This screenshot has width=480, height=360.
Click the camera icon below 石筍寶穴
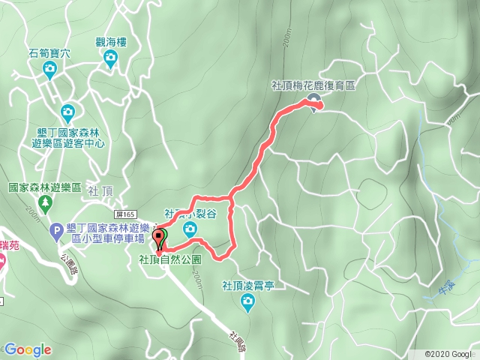tap(49, 70)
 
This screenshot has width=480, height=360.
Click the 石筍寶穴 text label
tap(49, 53)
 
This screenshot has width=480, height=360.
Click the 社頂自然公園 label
tap(170, 259)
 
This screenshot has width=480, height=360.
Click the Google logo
tap(28, 349)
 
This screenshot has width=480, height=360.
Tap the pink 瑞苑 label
tap(9, 244)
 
